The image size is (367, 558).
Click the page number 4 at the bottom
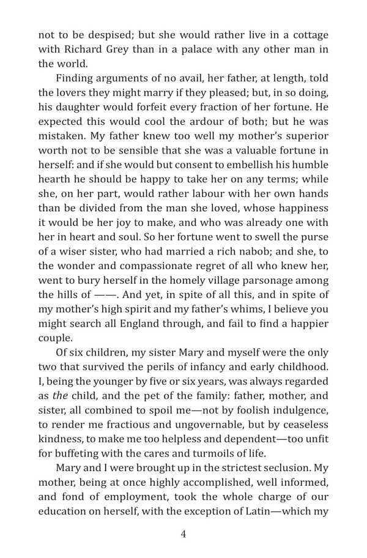tap(183, 534)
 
